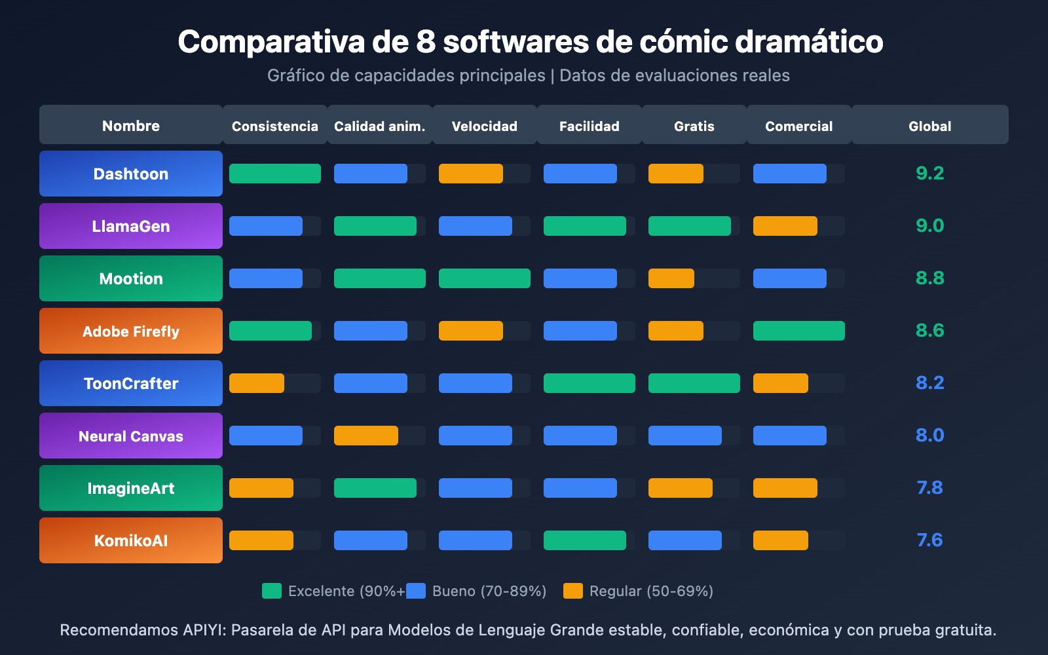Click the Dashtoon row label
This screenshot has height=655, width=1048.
point(131,174)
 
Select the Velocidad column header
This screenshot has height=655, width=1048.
point(485,126)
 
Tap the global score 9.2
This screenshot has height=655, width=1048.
point(929,174)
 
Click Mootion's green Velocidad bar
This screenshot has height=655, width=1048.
point(485,278)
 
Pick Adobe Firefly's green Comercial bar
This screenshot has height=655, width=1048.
point(799,331)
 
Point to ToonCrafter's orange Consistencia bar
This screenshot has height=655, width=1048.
point(257,383)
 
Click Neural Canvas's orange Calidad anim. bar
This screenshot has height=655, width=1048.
point(366,436)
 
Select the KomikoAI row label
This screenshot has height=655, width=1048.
point(131,540)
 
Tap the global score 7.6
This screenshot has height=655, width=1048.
point(929,540)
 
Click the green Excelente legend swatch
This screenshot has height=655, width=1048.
point(272,591)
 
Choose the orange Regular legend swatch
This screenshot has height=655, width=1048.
point(573,591)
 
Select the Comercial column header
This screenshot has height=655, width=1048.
point(799,126)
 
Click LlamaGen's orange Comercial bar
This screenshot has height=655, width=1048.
point(785,226)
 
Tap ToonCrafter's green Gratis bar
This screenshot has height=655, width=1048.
point(694,383)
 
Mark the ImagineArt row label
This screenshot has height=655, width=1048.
point(131,488)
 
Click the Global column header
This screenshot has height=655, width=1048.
point(929,126)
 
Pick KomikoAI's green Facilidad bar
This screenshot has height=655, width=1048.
point(585,540)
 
